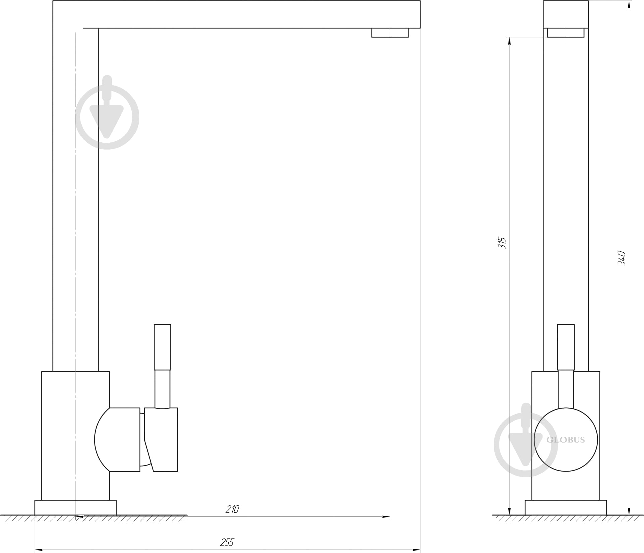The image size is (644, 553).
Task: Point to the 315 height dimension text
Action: coord(502,243)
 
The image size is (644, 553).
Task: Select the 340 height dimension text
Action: coord(622,258)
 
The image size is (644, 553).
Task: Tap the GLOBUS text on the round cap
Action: coord(566,440)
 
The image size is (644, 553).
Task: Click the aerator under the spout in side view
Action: coord(390,33)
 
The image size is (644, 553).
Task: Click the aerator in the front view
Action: coord(566,33)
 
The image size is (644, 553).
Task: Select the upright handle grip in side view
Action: coord(162,347)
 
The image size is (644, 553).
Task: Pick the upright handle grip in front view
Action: coord(566,347)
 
